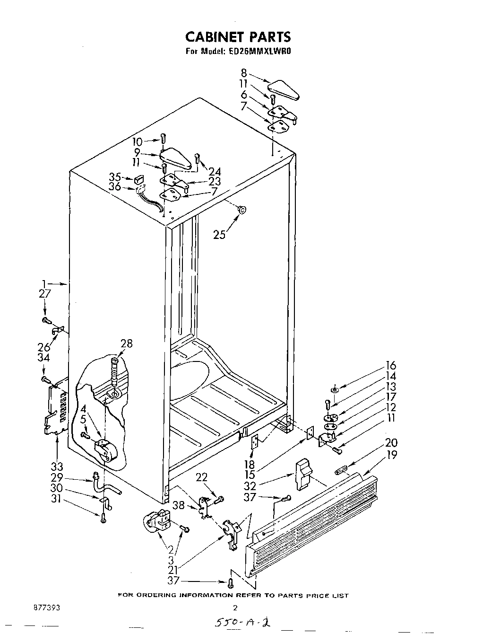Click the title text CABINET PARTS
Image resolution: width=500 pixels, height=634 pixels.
pyautogui.click(x=237, y=37)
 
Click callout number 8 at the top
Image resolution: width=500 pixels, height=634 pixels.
pyautogui.click(x=244, y=73)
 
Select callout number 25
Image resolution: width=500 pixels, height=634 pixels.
pyautogui.click(x=219, y=234)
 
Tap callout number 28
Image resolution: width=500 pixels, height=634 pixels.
pyautogui.click(x=126, y=344)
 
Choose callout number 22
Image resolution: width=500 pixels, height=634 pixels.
pyautogui.click(x=201, y=478)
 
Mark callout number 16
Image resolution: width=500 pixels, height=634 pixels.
pyautogui.click(x=391, y=366)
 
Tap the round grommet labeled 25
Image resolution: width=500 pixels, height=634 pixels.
pyautogui.click(x=242, y=210)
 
